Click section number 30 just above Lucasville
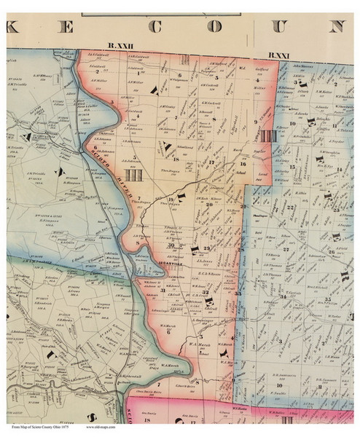(171, 247)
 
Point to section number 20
(209, 205)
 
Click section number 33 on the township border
(238, 292)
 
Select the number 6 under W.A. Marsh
(169, 331)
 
